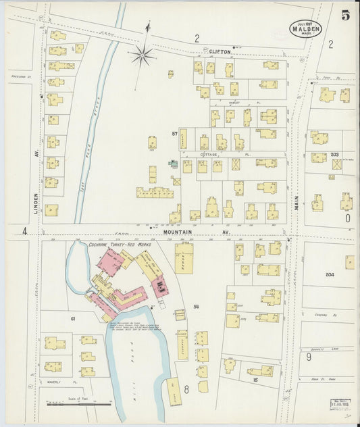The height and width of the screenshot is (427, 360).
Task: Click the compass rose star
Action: point(143,55)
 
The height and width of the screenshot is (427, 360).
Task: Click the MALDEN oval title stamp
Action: point(305,28)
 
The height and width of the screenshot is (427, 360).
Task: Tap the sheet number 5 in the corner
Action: point(345,16)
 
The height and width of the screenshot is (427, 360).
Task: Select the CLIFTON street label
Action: point(220,51)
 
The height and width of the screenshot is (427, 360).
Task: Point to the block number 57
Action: point(174,133)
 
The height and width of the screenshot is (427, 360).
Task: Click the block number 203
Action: point(334,155)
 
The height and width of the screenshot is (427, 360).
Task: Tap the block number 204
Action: point(330,274)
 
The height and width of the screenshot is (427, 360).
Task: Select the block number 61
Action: point(72,317)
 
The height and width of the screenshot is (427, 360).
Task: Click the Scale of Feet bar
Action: point(80,405)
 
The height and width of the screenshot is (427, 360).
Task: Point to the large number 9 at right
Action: point(308,356)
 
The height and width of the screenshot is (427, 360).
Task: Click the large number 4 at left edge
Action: point(24,232)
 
